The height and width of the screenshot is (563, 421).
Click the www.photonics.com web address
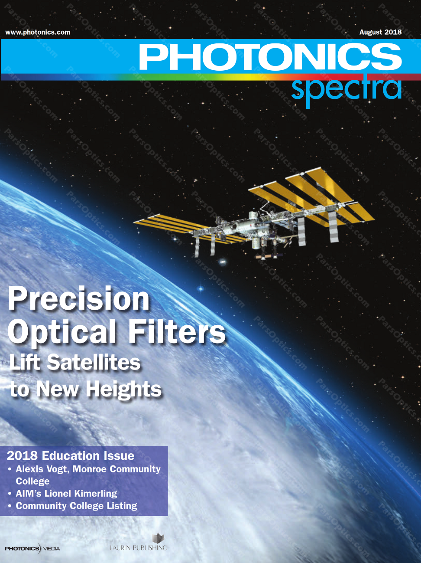pos(38,33)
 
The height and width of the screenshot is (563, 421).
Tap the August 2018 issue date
pos(380,32)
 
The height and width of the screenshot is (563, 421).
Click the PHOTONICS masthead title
pos(270,56)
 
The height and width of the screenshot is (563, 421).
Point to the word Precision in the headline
pos(79,299)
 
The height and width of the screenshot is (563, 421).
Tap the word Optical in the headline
pos(62,333)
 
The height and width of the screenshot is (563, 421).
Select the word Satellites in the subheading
pos(94,363)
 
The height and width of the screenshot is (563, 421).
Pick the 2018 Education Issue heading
pos(71,456)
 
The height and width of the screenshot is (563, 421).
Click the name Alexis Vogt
pos(42,469)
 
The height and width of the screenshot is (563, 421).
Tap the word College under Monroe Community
pos(32,481)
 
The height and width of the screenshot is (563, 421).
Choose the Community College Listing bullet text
pos(76,506)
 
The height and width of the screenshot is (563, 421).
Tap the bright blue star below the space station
pos(201,289)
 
